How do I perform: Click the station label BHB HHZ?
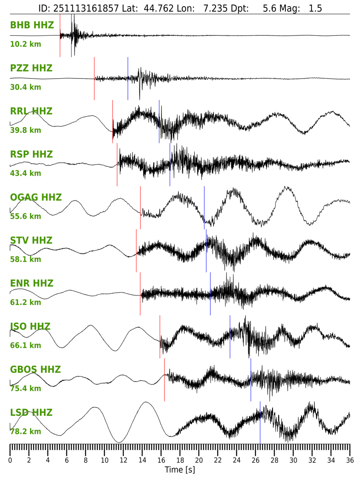pyautogui.click(x=32, y=25)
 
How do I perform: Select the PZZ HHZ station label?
pyautogui.click(x=31, y=68)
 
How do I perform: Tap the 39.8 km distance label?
pyautogui.click(x=25, y=130)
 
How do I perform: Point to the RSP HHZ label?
pyautogui.click(x=31, y=154)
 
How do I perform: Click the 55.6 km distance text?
pyautogui.click(x=25, y=216)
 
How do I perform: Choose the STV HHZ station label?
pyautogui.click(x=31, y=241)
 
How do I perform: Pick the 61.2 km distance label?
pyautogui.click(x=25, y=302)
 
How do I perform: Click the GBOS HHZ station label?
pyautogui.click(x=35, y=369)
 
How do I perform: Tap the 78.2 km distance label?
pyautogui.click(x=25, y=431)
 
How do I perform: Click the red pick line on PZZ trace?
pyautogui.click(x=94, y=78)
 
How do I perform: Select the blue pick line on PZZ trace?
pyautogui.click(x=128, y=78)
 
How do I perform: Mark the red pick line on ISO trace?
pyautogui.click(x=160, y=337)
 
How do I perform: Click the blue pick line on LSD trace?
pyautogui.click(x=260, y=423)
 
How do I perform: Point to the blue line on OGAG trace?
pyautogui.click(x=204, y=208)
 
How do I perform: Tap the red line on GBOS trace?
pyautogui.click(x=165, y=380)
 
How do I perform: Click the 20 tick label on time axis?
pyautogui.click(x=199, y=460)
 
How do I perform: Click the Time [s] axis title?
pyautogui.click(x=180, y=470)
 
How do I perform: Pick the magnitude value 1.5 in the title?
pyautogui.click(x=315, y=8)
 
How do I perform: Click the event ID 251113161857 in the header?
pyautogui.click(x=86, y=8)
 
